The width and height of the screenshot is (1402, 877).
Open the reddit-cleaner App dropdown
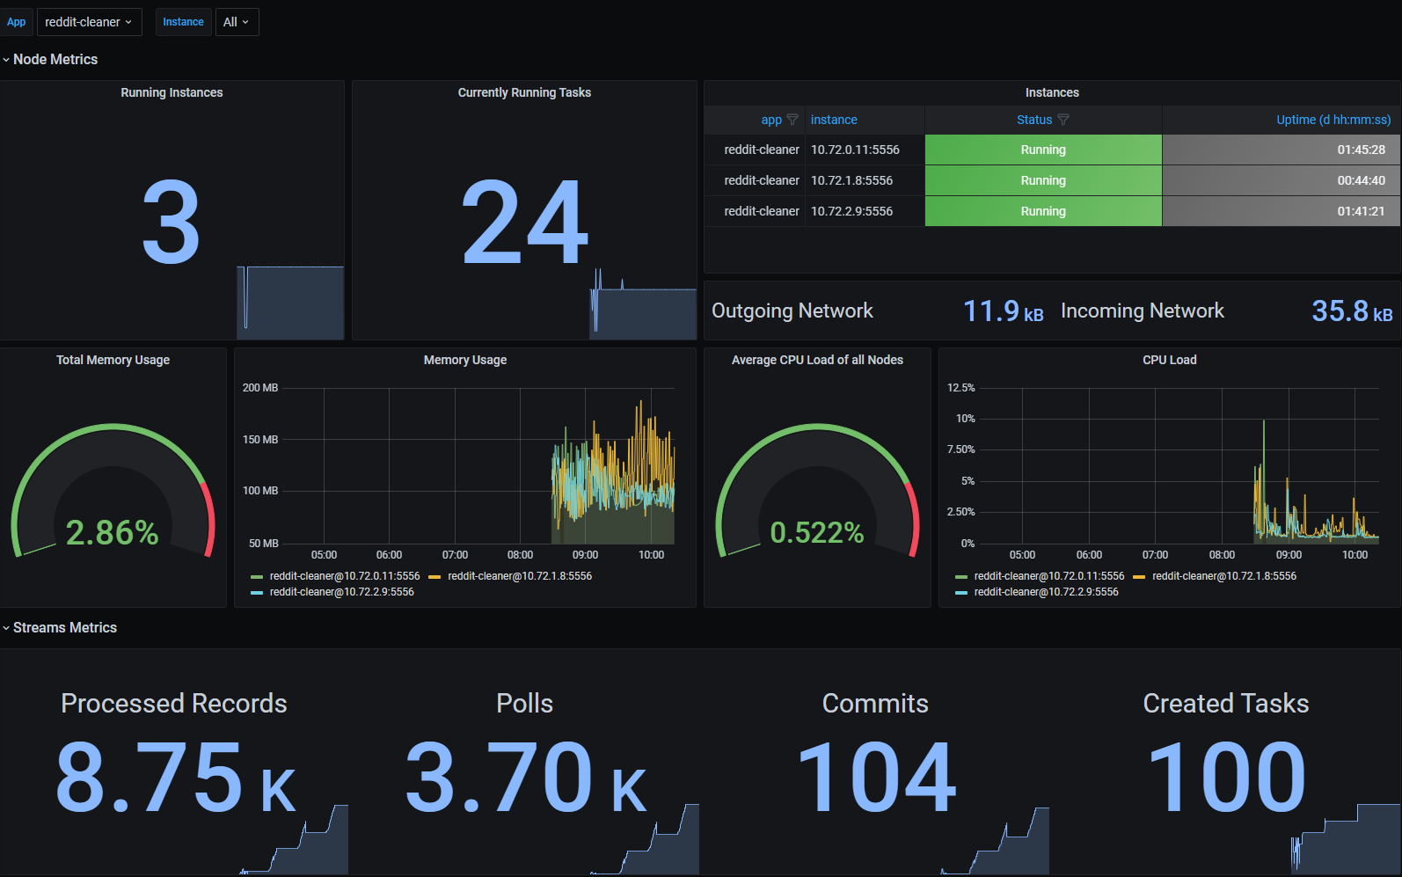89,22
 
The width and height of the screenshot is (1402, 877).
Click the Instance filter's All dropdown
237,22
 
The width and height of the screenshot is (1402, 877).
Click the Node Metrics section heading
55,59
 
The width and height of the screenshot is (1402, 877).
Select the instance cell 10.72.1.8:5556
851,180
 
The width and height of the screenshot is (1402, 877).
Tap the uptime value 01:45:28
1361,150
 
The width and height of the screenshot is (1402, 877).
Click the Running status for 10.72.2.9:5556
1043,211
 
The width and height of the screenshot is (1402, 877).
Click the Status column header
1034,120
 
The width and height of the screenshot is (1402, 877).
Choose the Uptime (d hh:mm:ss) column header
1333,120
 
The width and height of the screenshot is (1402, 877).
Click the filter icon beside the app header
792,120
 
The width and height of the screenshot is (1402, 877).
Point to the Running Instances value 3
172,223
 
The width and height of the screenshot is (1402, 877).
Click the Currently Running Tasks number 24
525,223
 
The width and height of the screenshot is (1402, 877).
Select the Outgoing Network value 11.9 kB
1003,311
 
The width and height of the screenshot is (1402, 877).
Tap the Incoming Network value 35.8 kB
1351,311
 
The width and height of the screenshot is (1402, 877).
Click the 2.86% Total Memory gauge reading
113,532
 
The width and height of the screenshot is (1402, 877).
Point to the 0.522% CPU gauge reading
817,532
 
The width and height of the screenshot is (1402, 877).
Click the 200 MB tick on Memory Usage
260,388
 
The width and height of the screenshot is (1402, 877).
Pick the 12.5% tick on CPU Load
961,388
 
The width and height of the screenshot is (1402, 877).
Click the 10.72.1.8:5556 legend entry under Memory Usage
519,576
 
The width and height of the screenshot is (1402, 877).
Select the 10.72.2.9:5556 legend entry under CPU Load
1046,592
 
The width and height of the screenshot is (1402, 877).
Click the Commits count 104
876,778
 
